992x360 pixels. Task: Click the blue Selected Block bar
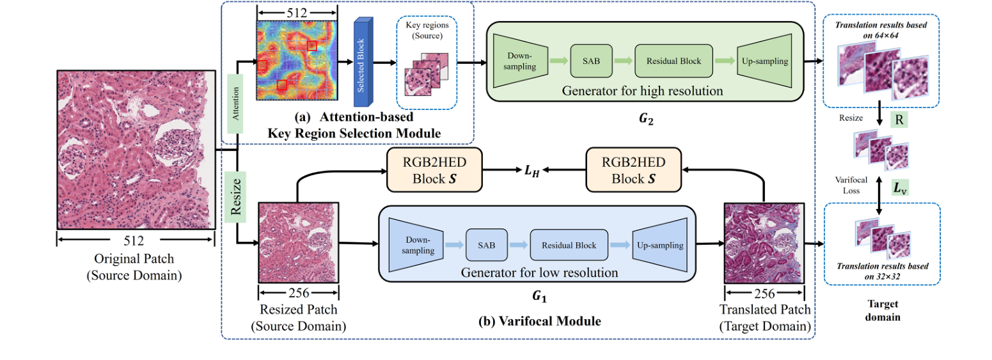(363, 62)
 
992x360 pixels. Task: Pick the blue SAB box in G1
(486, 246)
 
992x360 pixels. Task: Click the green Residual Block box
(673, 61)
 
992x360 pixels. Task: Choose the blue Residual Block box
(569, 246)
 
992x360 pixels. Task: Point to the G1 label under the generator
(538, 298)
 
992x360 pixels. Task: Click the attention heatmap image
(296, 60)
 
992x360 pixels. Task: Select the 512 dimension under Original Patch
(135, 240)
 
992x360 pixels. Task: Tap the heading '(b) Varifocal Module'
(539, 321)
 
